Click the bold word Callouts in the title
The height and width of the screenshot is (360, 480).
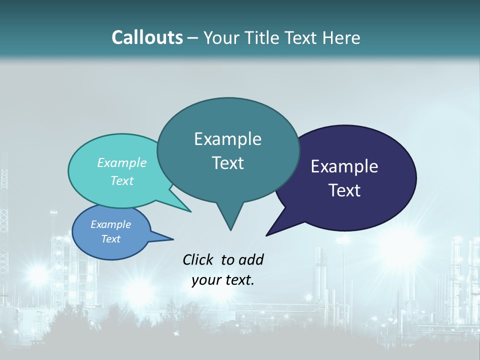(147, 37)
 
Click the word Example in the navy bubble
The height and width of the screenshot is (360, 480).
(344, 166)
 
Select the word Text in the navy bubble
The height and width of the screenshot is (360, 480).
(344, 190)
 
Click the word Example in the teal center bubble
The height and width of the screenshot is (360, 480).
(227, 139)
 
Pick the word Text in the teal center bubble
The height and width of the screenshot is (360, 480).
(227, 163)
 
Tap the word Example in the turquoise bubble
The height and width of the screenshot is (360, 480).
(121, 163)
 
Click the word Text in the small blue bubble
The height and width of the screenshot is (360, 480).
(111, 239)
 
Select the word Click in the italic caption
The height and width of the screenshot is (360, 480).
(198, 259)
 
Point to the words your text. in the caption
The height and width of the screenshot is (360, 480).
(223, 280)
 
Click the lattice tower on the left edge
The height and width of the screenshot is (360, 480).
(4, 210)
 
